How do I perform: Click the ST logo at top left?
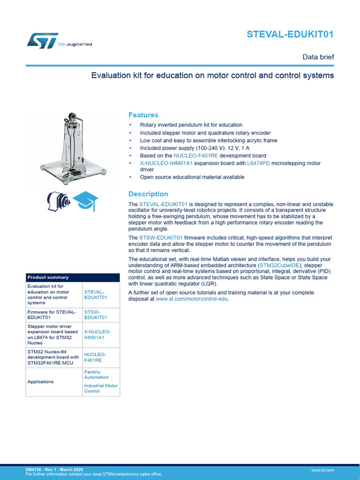[42, 41]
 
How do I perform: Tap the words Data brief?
[318, 57]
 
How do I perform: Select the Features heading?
[143, 115]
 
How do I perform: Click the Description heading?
[148, 194]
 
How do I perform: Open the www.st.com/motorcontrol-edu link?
[192, 299]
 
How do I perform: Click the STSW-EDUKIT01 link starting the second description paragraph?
[161, 238]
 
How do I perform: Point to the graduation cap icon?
[85, 201]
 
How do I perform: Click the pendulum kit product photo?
[72, 148]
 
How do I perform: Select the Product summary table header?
[48, 277]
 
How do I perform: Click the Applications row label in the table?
[41, 382]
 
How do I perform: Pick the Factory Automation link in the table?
[96, 375]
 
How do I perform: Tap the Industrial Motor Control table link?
[101, 388]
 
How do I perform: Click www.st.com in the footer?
[322, 470]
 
